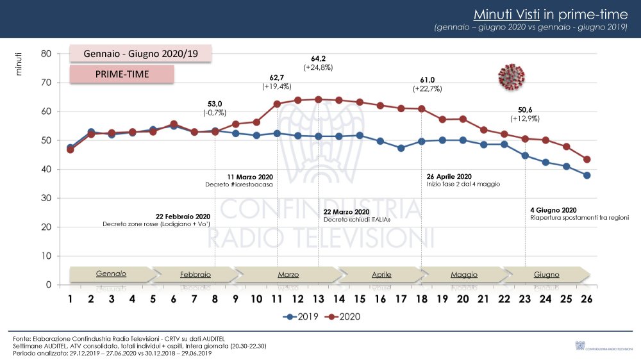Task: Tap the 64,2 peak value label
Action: click(x=319, y=58)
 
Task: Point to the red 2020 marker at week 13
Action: click(x=319, y=99)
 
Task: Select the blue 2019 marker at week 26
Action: click(x=587, y=176)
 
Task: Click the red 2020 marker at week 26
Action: click(x=587, y=160)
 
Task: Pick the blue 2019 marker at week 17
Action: click(x=401, y=148)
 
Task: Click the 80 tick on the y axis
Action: click(x=46, y=54)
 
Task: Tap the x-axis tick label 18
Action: click(x=421, y=299)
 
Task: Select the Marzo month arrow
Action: click(x=288, y=275)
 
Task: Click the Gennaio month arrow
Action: click(x=111, y=274)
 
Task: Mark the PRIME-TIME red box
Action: click(x=122, y=74)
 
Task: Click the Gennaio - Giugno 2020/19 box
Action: click(x=140, y=54)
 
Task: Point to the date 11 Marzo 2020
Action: click(x=251, y=176)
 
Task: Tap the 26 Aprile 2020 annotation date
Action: click(x=449, y=176)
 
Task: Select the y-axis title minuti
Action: click(x=19, y=64)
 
